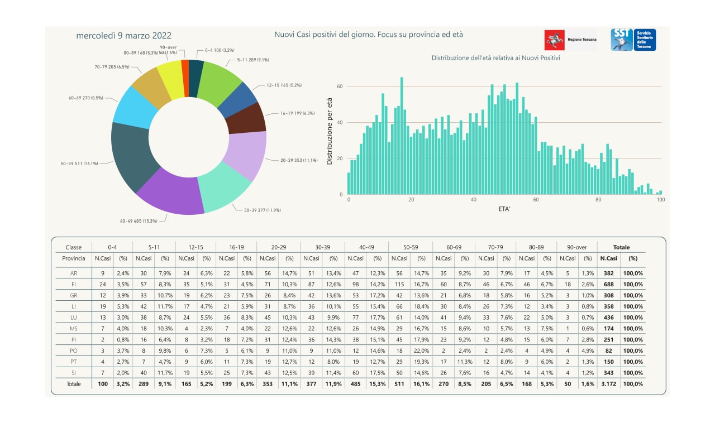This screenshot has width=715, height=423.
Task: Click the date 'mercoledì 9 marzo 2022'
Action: tap(123, 35)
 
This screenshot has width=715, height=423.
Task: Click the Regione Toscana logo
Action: tap(570, 40)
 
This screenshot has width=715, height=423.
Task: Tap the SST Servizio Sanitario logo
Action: tap(633, 40)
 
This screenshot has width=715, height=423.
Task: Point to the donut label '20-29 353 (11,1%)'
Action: tap(299, 161)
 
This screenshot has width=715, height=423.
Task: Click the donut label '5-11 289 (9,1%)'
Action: tap(255, 59)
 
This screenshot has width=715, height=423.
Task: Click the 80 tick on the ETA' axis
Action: tap(598, 200)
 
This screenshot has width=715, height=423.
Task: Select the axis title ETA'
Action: tap(505, 209)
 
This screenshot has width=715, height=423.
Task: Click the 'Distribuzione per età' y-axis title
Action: tap(330, 132)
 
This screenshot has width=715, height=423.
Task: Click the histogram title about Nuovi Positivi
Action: tap(495, 57)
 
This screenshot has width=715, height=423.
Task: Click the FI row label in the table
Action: tap(74, 284)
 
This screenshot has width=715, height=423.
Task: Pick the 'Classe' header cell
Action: tap(74, 247)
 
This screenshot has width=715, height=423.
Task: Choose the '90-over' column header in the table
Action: tap(576, 247)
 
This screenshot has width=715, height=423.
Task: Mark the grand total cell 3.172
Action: tap(608, 384)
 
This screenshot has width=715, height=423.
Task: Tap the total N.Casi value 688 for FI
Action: tap(608, 284)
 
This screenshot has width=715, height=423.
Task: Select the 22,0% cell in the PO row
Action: tap(422, 350)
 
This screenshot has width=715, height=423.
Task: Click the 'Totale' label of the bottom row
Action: tap(74, 384)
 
